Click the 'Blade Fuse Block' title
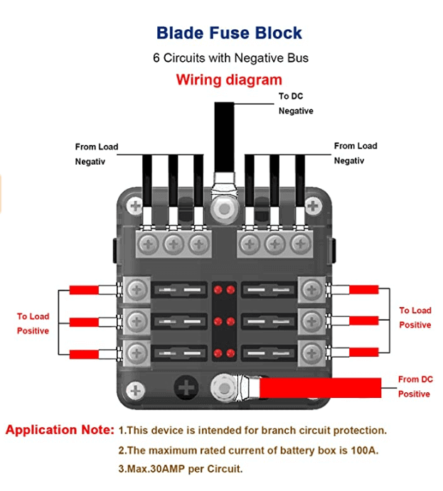[x=229, y=33]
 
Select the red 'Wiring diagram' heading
[x=229, y=80]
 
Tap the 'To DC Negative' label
[x=295, y=104]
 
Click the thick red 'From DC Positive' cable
[x=320, y=387]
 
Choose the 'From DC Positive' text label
[x=415, y=387]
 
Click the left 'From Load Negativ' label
[x=97, y=154]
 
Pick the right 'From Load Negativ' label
[x=356, y=153]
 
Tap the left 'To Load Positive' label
[x=33, y=323]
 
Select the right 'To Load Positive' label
[x=415, y=318]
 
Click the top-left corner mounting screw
[x=136, y=206]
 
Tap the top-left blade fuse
[x=178, y=290]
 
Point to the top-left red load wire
[x=84, y=290]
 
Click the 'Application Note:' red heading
[x=60, y=430]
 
